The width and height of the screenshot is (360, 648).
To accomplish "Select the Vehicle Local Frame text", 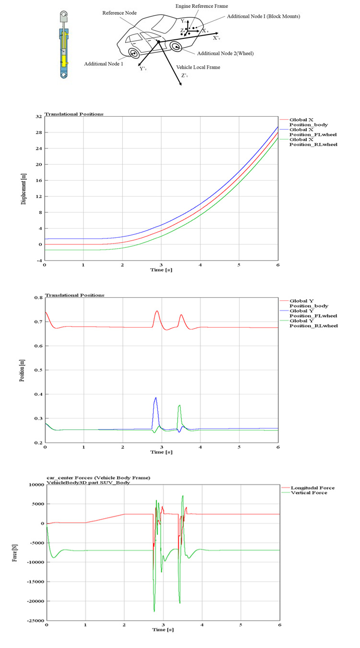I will (198, 67).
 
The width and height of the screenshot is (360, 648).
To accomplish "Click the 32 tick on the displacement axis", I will (38, 116).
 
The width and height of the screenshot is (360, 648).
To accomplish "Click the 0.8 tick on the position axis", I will (37, 298).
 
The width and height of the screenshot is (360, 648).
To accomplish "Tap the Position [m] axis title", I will (23, 370).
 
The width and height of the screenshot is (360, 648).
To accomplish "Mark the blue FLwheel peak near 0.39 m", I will (156, 398).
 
